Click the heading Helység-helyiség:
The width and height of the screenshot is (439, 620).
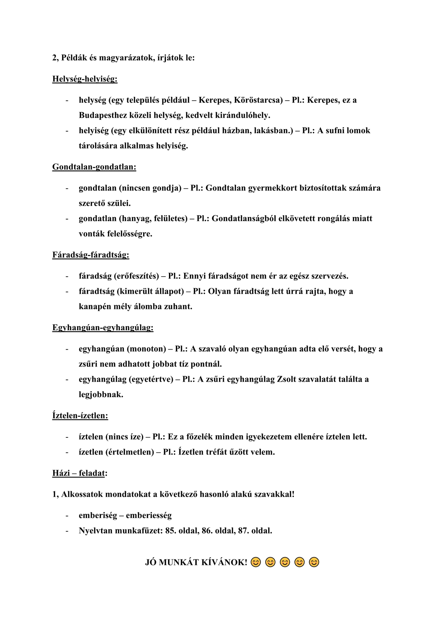click(85, 79)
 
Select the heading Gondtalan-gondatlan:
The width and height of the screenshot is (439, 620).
click(94, 167)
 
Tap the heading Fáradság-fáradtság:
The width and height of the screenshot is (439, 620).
click(91, 255)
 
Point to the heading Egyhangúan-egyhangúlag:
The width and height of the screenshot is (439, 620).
click(103, 328)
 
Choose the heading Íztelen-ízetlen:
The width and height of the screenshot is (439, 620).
click(80, 416)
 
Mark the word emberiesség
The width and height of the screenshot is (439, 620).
click(149, 516)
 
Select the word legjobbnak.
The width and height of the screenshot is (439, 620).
click(101, 395)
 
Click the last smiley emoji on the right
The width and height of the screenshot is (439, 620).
click(314, 562)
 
